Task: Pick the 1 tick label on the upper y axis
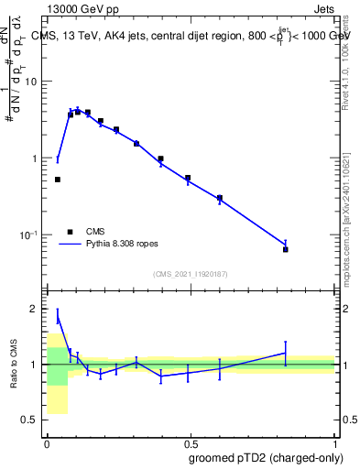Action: pos(36,158)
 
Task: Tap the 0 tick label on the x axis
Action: pos(46,442)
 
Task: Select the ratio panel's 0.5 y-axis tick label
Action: pos(31,420)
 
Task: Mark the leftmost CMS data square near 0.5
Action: pos(57,180)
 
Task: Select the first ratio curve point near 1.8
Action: pos(57,317)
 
